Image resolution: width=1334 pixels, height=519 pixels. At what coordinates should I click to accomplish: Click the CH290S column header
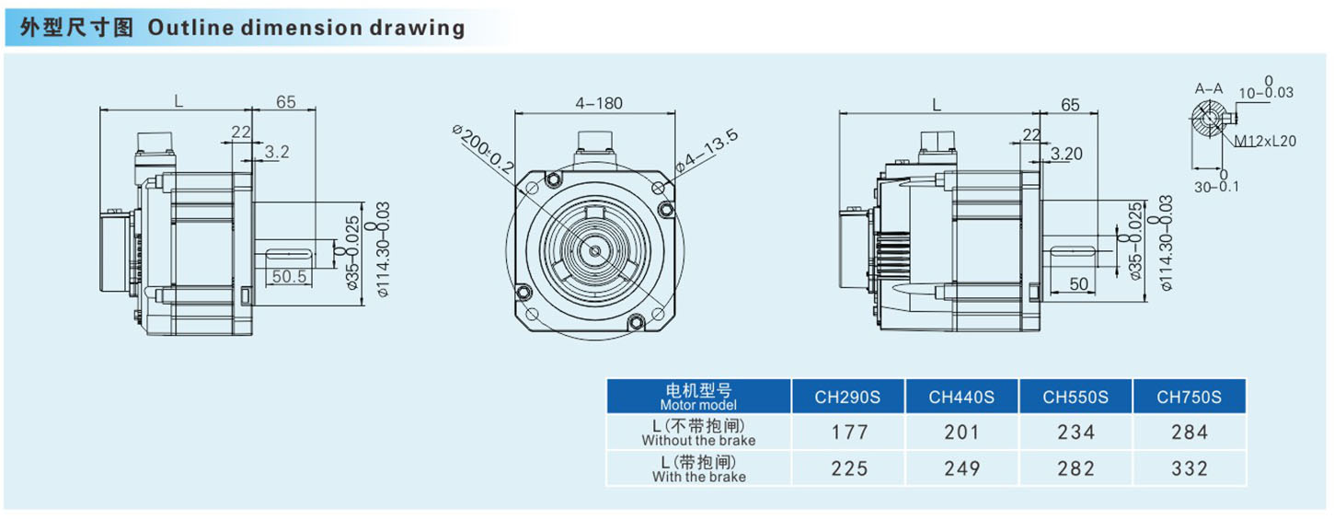(846, 397)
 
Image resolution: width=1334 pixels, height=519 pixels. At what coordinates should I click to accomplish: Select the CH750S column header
(1189, 397)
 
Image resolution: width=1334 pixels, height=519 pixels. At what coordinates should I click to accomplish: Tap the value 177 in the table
(849, 432)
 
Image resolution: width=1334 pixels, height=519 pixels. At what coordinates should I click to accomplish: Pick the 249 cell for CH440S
(961, 468)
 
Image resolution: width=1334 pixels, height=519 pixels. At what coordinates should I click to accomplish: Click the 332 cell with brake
(1190, 468)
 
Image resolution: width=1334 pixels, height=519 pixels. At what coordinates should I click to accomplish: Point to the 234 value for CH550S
(1075, 432)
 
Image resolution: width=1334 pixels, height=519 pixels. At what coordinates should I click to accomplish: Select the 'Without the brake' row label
(698, 441)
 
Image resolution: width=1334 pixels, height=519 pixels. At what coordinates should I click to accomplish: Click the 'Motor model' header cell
(698, 397)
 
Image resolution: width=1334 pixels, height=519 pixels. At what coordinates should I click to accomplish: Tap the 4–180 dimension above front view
(599, 103)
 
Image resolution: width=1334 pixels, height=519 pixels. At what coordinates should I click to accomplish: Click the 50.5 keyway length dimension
(290, 276)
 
